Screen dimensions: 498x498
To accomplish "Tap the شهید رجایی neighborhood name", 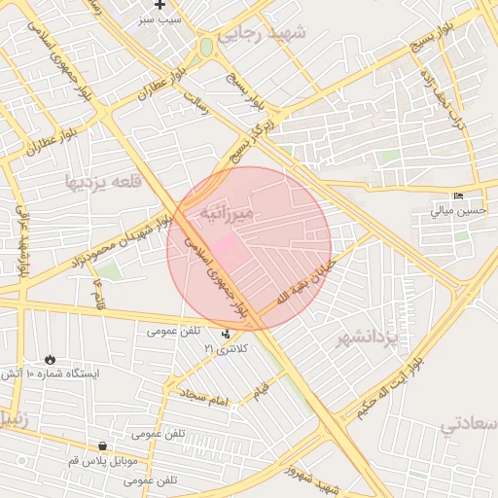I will [261, 35].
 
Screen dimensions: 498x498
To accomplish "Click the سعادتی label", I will [471, 424].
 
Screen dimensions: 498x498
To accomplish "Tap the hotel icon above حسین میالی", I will [458, 196].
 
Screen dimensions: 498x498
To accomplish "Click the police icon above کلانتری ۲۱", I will [226, 334].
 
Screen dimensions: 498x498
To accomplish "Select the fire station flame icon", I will [50, 359].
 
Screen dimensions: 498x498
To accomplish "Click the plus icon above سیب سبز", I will [160, 6].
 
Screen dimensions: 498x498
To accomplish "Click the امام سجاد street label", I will [202, 395].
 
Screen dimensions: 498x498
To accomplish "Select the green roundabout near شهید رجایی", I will [206, 47].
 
